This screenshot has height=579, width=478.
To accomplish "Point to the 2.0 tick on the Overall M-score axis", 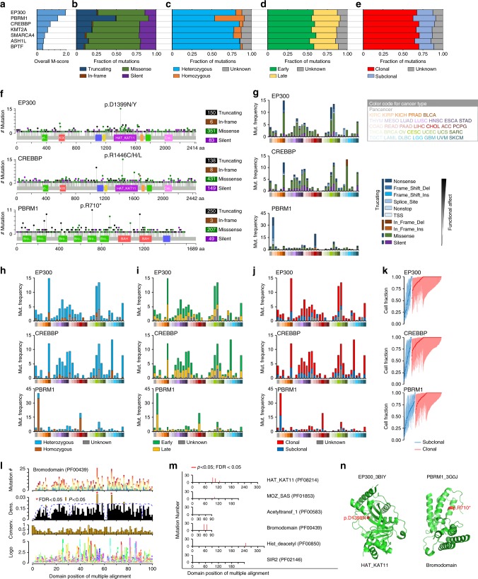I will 66,54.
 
